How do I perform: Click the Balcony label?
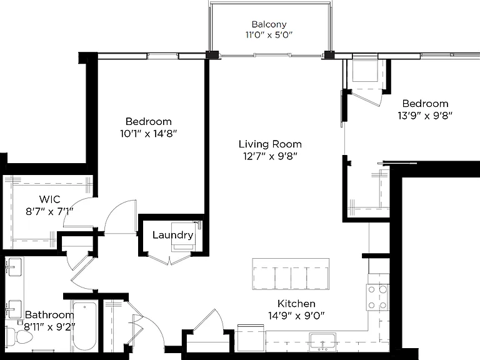click(269, 24)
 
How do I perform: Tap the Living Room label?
click(270, 144)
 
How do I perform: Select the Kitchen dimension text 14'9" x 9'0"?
click(296, 315)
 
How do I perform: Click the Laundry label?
click(173, 235)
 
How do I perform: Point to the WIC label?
click(50, 199)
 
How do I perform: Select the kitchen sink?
click(322, 342)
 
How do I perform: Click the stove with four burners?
click(377, 297)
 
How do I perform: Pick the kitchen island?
click(291, 274)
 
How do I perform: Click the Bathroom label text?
click(49, 315)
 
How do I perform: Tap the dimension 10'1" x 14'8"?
click(149, 134)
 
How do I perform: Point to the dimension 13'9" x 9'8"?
click(425, 116)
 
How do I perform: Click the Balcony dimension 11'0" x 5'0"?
click(269, 34)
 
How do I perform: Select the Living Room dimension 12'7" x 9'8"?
click(270, 156)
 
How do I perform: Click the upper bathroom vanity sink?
click(14, 267)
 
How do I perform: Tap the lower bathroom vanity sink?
click(14, 309)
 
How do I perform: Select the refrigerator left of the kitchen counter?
click(251, 337)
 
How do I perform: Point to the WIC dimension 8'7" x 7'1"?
click(50, 211)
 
